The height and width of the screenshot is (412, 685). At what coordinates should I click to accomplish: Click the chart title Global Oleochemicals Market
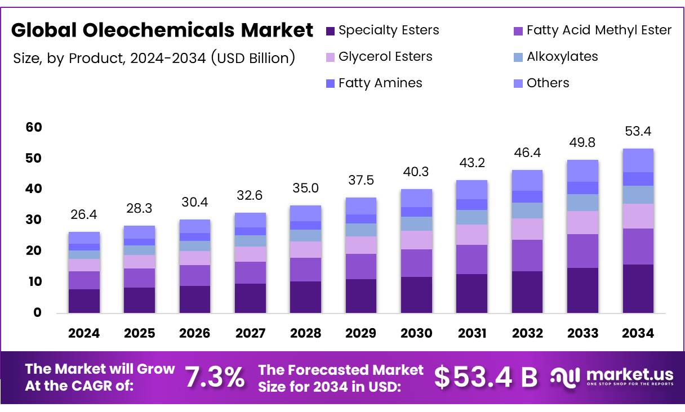(162, 30)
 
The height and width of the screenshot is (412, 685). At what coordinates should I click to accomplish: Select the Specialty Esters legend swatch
(331, 30)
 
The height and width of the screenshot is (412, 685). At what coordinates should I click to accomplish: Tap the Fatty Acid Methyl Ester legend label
(599, 30)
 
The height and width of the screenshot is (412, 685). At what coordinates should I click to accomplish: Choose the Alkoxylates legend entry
(562, 57)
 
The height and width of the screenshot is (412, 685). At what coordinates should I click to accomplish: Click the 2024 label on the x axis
(84, 333)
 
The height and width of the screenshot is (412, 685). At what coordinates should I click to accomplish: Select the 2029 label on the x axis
(361, 333)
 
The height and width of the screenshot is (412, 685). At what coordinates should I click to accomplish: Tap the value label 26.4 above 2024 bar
(84, 214)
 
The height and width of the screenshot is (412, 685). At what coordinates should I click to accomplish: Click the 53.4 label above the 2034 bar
(638, 132)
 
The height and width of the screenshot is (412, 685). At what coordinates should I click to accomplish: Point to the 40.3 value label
(416, 172)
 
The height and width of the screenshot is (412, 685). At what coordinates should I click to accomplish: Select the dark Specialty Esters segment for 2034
(638, 288)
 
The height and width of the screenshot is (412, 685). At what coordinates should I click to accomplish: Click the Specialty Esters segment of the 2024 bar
(84, 301)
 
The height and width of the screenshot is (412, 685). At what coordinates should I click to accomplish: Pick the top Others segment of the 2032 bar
(527, 180)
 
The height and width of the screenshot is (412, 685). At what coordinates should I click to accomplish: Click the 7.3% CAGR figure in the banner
(215, 377)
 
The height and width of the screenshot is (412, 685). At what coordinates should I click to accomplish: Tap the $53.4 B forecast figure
(486, 377)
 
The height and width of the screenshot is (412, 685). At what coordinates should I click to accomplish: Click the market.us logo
(611, 377)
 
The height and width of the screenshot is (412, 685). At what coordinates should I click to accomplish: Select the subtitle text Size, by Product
(154, 57)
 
